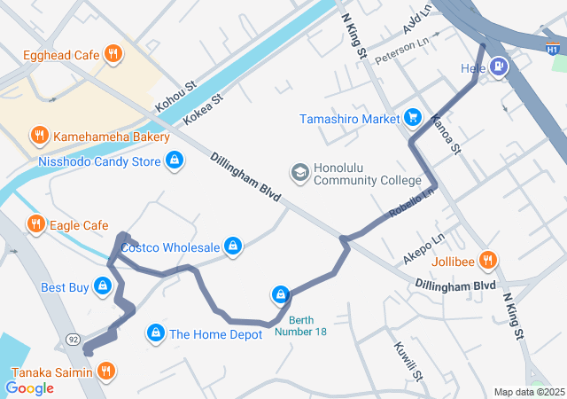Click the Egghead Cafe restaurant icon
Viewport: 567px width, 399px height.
point(113,55)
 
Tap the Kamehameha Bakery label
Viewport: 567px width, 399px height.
point(111,137)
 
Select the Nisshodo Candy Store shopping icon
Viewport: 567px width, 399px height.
point(175,161)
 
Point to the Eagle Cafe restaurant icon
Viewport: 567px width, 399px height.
point(35,225)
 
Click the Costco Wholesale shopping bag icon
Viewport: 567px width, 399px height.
point(233,246)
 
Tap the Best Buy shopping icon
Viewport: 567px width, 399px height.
point(103,287)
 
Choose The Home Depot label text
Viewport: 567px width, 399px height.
point(215,334)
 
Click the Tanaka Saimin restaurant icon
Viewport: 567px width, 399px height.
point(105,372)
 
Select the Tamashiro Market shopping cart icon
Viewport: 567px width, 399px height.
point(412,118)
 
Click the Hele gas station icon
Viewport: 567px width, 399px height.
point(500,66)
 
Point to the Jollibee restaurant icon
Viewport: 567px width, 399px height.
point(486,261)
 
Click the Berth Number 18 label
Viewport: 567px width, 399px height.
point(300,325)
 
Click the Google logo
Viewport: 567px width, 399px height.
point(29,387)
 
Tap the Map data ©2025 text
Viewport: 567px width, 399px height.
point(528,392)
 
